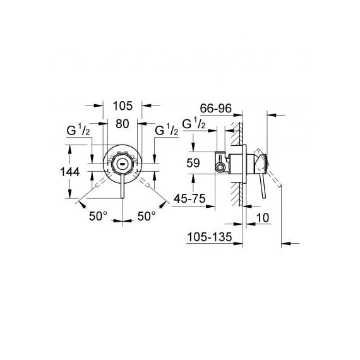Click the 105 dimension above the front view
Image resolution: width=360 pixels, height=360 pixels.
pos(123,106)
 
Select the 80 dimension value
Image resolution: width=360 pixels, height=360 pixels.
pos(123,124)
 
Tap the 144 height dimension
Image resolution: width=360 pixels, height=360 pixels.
pos(70,172)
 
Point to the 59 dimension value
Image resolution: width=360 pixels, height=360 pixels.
pos(193,163)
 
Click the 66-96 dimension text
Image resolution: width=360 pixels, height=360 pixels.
pos(216,109)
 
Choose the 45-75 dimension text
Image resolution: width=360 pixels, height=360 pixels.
pos(189,198)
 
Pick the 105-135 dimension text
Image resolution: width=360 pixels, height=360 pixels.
pos(210,237)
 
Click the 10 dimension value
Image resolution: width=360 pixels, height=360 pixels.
pos(263,218)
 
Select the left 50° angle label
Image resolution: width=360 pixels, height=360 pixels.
pos(98,216)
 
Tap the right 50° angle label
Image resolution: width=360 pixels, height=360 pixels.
pos(147,216)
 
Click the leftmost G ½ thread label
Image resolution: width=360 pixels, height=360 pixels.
pos(78,130)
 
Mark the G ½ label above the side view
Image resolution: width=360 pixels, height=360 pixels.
pos(194,124)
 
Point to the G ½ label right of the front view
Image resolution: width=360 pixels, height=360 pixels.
pos(167,130)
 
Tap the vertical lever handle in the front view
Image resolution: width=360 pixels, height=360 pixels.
pos(123,186)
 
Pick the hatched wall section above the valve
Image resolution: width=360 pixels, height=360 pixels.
pos(236,134)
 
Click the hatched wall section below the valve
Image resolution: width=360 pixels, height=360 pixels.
pos(236,193)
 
